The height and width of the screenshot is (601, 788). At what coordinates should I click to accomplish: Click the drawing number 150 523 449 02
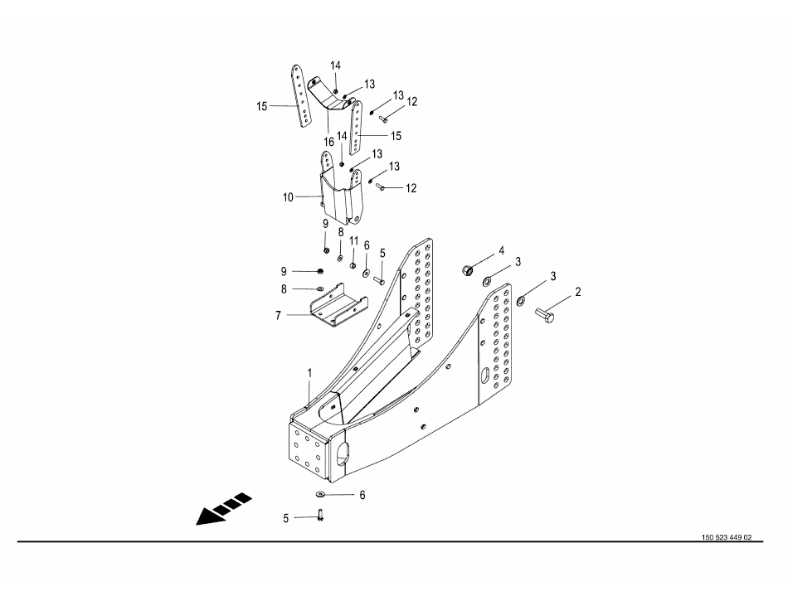pos(726,537)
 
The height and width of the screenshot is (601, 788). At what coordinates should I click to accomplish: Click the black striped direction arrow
pos(224,509)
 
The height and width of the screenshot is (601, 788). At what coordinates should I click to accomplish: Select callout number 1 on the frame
pos(309,373)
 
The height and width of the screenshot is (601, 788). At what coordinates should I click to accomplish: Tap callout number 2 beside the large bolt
pos(578,292)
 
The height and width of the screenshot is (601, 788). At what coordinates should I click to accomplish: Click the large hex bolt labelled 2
pos(545,315)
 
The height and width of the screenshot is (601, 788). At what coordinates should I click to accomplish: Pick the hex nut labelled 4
pos(468,270)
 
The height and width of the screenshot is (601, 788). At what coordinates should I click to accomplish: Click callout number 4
pos(501,250)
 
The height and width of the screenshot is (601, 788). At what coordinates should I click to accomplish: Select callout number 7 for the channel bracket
pos(278,316)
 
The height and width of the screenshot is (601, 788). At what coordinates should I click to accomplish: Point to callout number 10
pos(288,197)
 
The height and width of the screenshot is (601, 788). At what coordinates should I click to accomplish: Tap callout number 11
pos(354,241)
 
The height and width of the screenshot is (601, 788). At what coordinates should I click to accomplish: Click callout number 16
pos(328,143)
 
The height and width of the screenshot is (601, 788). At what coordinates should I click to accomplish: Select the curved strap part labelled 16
pos(331,96)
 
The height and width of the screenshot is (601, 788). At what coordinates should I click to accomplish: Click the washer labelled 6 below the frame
pos(320,495)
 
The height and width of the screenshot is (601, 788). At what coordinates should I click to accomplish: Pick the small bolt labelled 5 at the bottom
pos(319,514)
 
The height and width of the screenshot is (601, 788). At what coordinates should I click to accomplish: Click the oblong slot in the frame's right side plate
pos(485,376)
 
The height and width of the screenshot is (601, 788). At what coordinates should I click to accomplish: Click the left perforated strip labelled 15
pos(301,95)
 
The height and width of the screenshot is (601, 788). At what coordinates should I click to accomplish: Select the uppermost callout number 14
pos(336,65)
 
